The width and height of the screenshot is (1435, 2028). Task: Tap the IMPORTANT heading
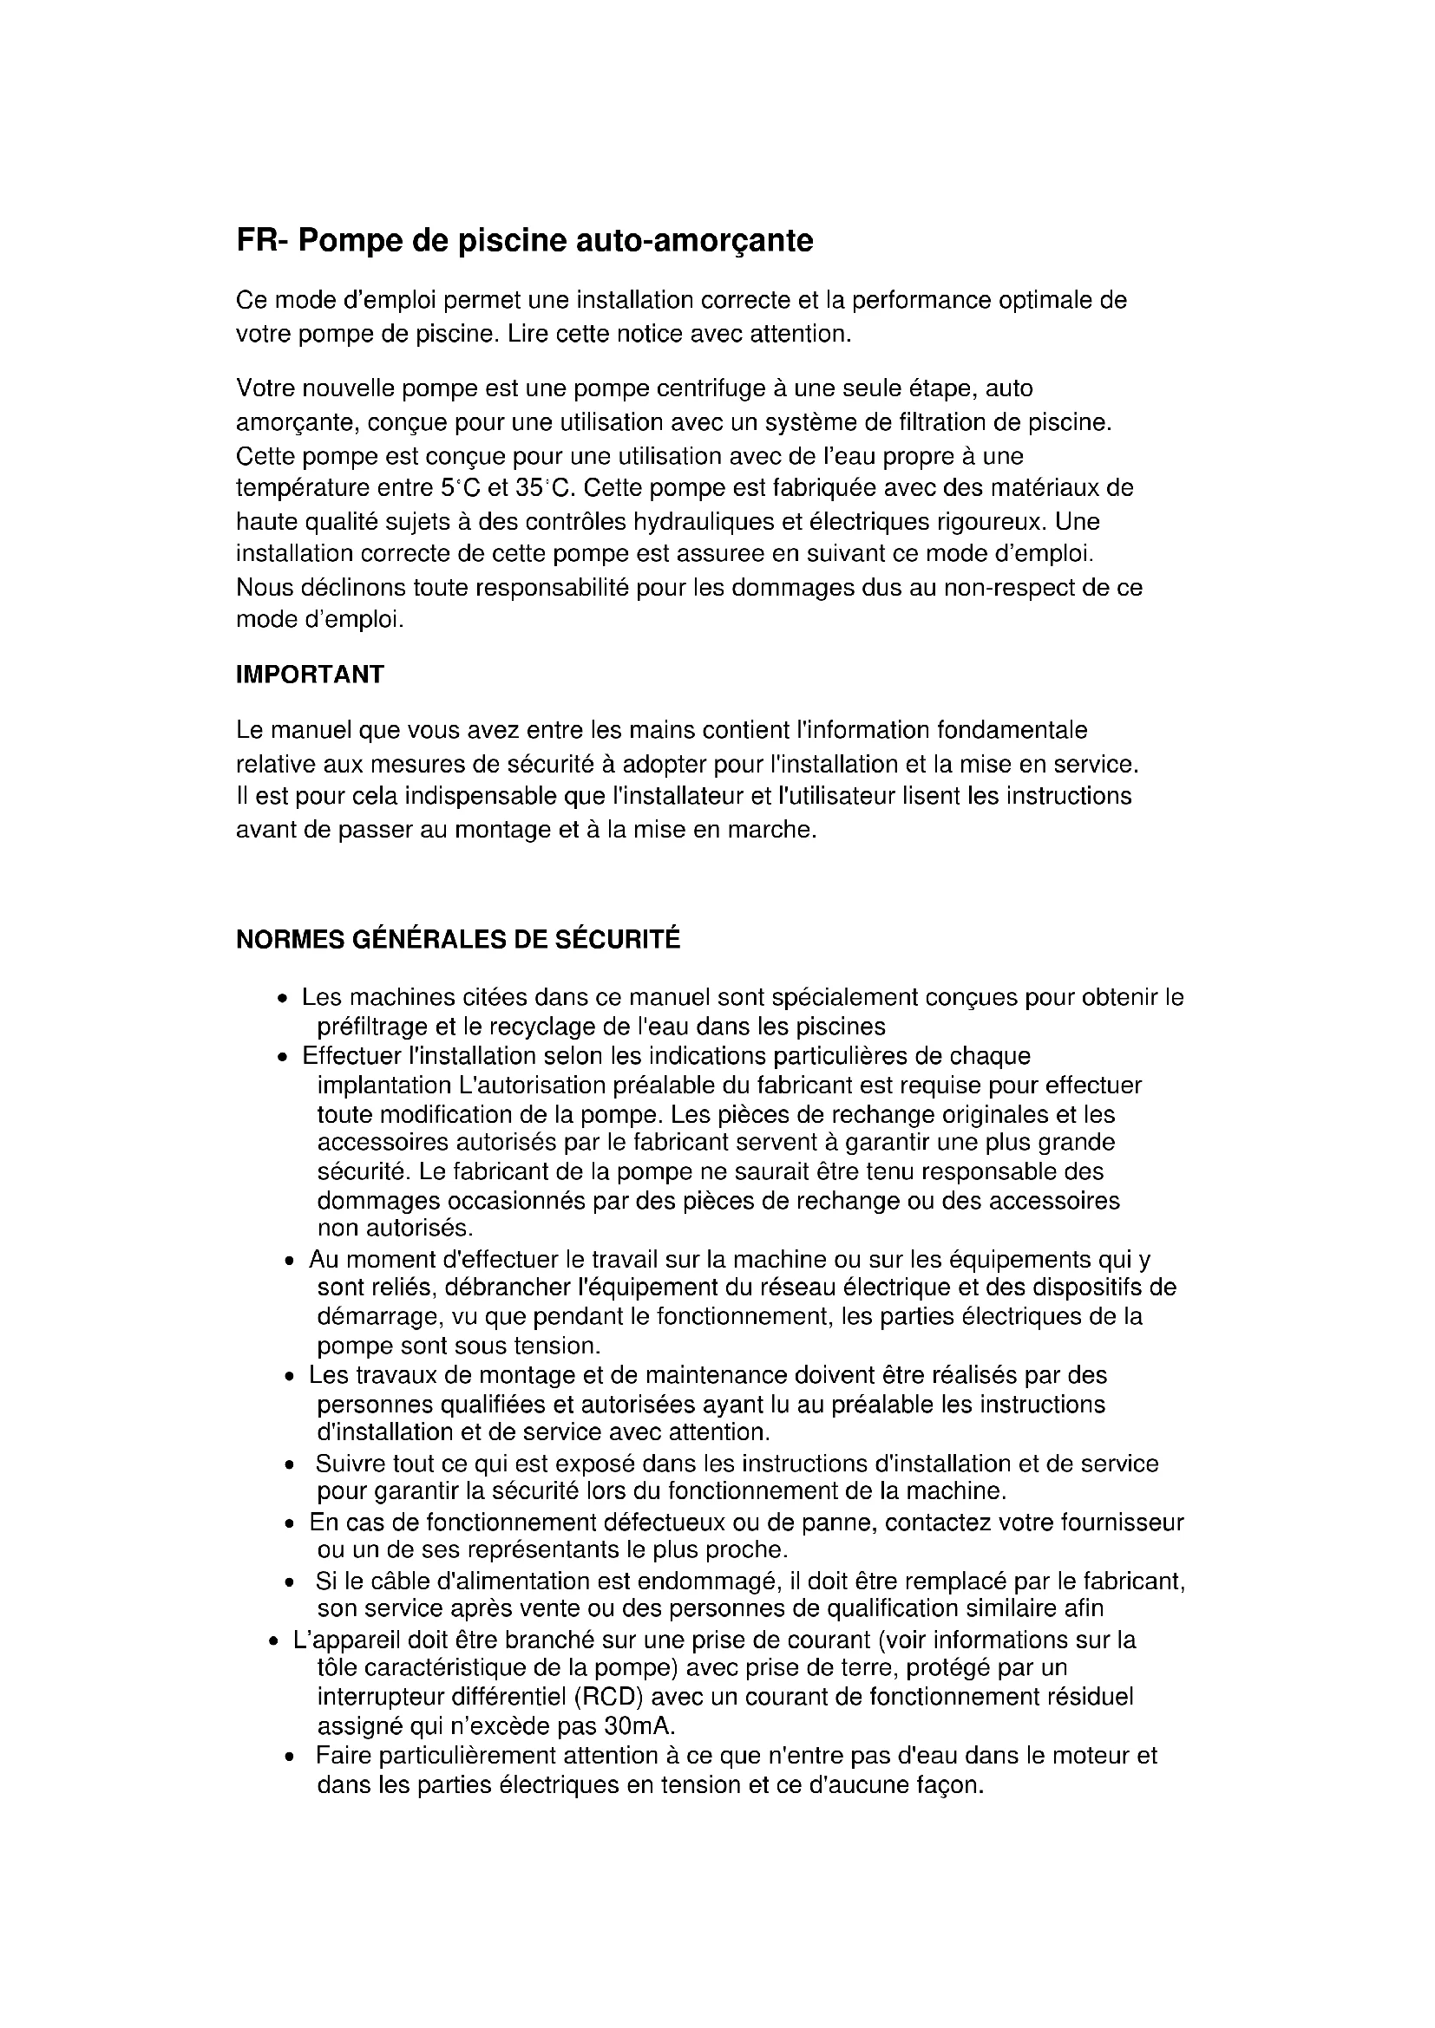(310, 675)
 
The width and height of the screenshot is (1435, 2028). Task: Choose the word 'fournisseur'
(1121, 1523)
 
